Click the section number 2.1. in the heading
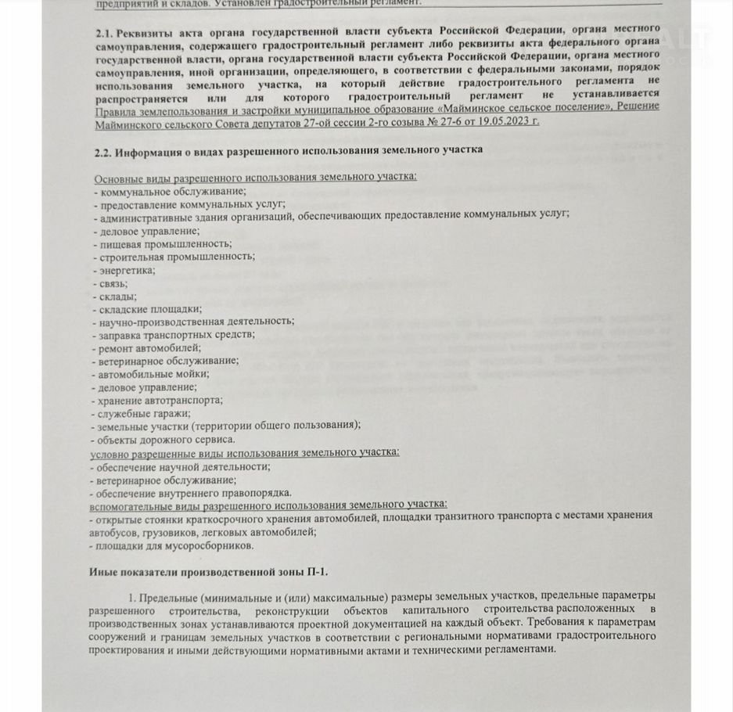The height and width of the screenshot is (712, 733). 105,34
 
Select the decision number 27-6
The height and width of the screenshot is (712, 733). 446,121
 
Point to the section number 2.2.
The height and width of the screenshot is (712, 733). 105,149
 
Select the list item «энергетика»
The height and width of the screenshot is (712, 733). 125,269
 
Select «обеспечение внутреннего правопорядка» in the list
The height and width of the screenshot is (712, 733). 192,492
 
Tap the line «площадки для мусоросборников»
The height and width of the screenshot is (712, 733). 172,545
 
